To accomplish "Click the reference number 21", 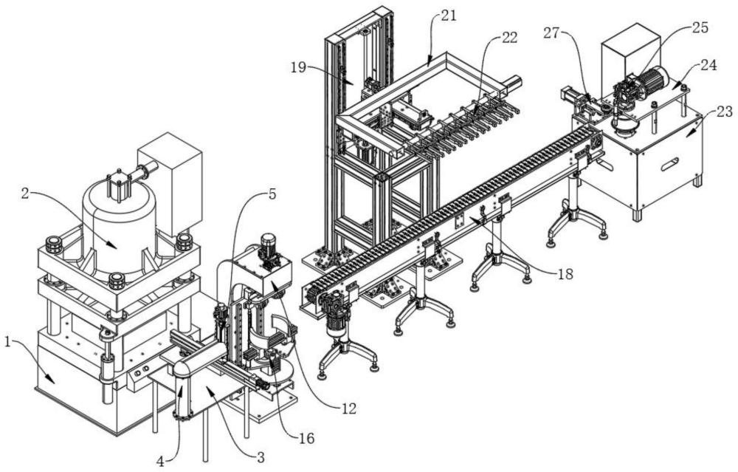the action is point(449,16).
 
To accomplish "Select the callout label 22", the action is point(509,38).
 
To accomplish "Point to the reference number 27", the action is point(552,33).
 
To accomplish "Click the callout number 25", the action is point(700,27).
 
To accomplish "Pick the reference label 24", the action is point(708,65).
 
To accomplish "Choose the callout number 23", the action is point(725,112).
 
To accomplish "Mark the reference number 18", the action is point(565,274).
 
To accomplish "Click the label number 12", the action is point(349,408).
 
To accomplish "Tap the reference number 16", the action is point(306,439).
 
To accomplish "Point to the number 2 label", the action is point(25,192).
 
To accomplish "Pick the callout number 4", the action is point(160,461).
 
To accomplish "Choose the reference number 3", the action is point(261,456).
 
